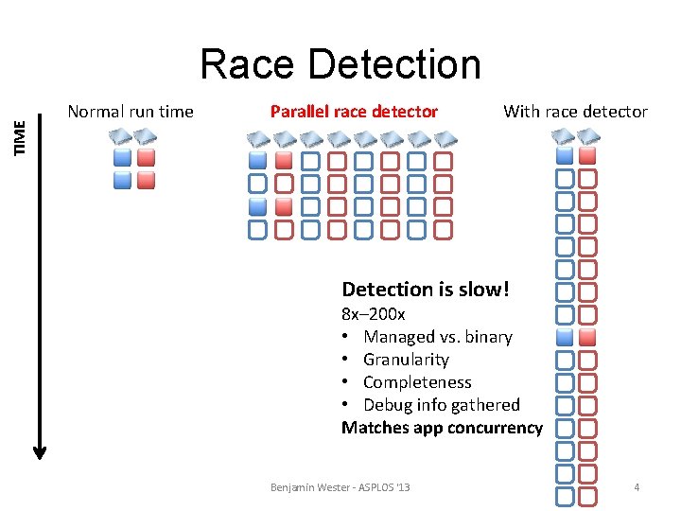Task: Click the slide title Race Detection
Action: pos(340,64)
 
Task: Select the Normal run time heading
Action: pos(131,112)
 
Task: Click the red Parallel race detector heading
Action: pos(354,112)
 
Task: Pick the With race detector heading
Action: pos(575,112)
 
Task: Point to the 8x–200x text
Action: pos(373,314)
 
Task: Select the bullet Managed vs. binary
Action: pos(437,337)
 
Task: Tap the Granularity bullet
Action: pos(406,360)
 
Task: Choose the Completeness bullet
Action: pos(416,382)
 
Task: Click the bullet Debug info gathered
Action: pos(441,405)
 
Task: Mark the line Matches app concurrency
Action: pos(442,428)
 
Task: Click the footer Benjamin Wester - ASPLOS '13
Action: pos(340,487)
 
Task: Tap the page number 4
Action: pos(637,487)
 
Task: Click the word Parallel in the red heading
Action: pos(299,112)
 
